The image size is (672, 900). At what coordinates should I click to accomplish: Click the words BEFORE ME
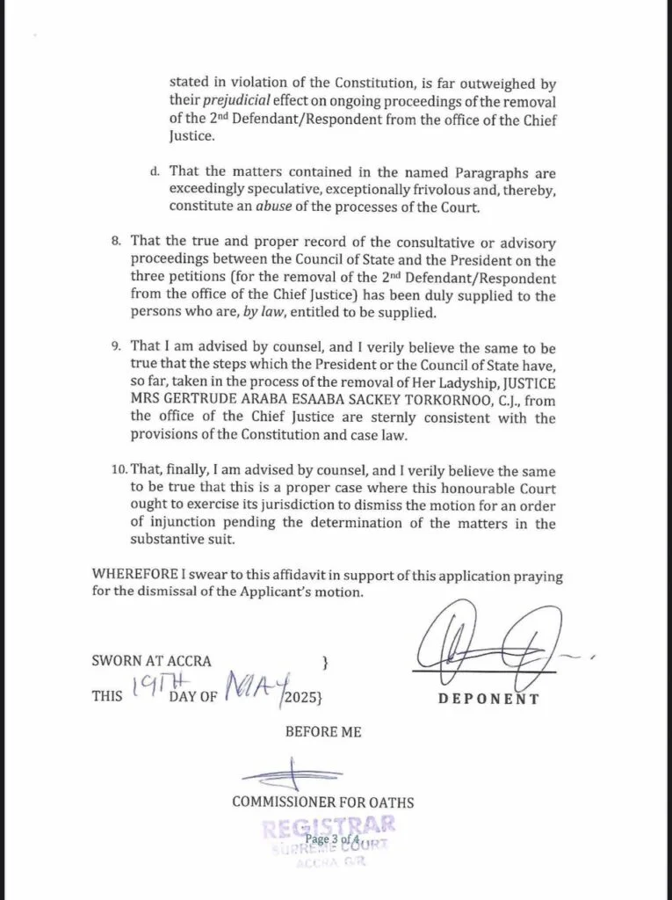322,731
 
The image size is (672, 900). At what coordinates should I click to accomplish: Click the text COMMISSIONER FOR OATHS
322,802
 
